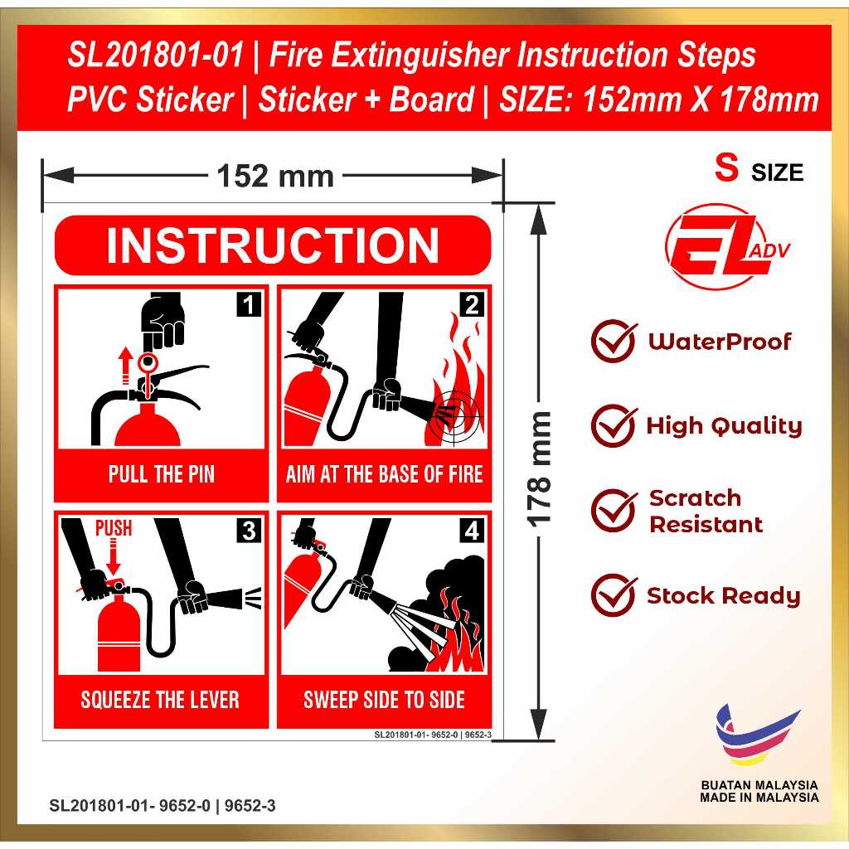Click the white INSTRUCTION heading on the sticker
pos(272,245)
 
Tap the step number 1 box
pos(249,304)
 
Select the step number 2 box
pos(472,304)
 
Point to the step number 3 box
pos(249,530)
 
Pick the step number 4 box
pos(472,530)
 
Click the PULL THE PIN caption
pos(162,474)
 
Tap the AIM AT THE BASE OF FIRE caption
pos(384,474)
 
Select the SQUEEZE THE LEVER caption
pos(160,700)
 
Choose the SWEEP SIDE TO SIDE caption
pos(384,700)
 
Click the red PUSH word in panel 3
pos(114,528)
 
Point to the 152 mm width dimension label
pos(275,177)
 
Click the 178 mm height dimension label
pos(539,469)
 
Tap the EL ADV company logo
pos(725,246)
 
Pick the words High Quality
pos(724,426)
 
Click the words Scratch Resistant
pos(706,511)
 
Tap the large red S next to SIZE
pos(726,167)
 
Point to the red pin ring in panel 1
pos(147,361)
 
